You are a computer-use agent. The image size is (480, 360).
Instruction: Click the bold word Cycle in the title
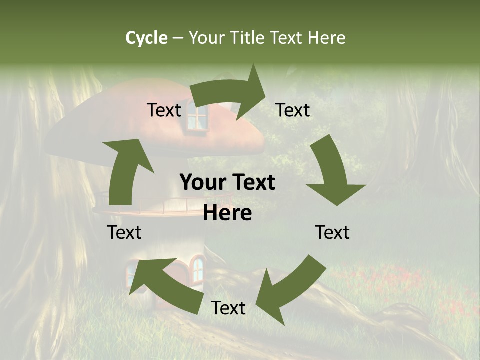pos(146,38)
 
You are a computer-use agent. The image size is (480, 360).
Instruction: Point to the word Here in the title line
pos(327,38)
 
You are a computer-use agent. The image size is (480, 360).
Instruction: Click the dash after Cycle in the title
pos(178,38)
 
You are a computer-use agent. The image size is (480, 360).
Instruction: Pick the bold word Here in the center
pos(227,213)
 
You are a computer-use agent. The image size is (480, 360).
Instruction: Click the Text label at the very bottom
pos(228,308)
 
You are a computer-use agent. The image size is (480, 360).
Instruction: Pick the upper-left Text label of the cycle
pos(164,110)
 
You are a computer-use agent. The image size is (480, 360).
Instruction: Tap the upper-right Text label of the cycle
pos(293,110)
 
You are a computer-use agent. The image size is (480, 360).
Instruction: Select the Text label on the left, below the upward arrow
pos(124,232)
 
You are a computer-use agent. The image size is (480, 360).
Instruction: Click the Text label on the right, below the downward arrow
pos(332,232)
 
